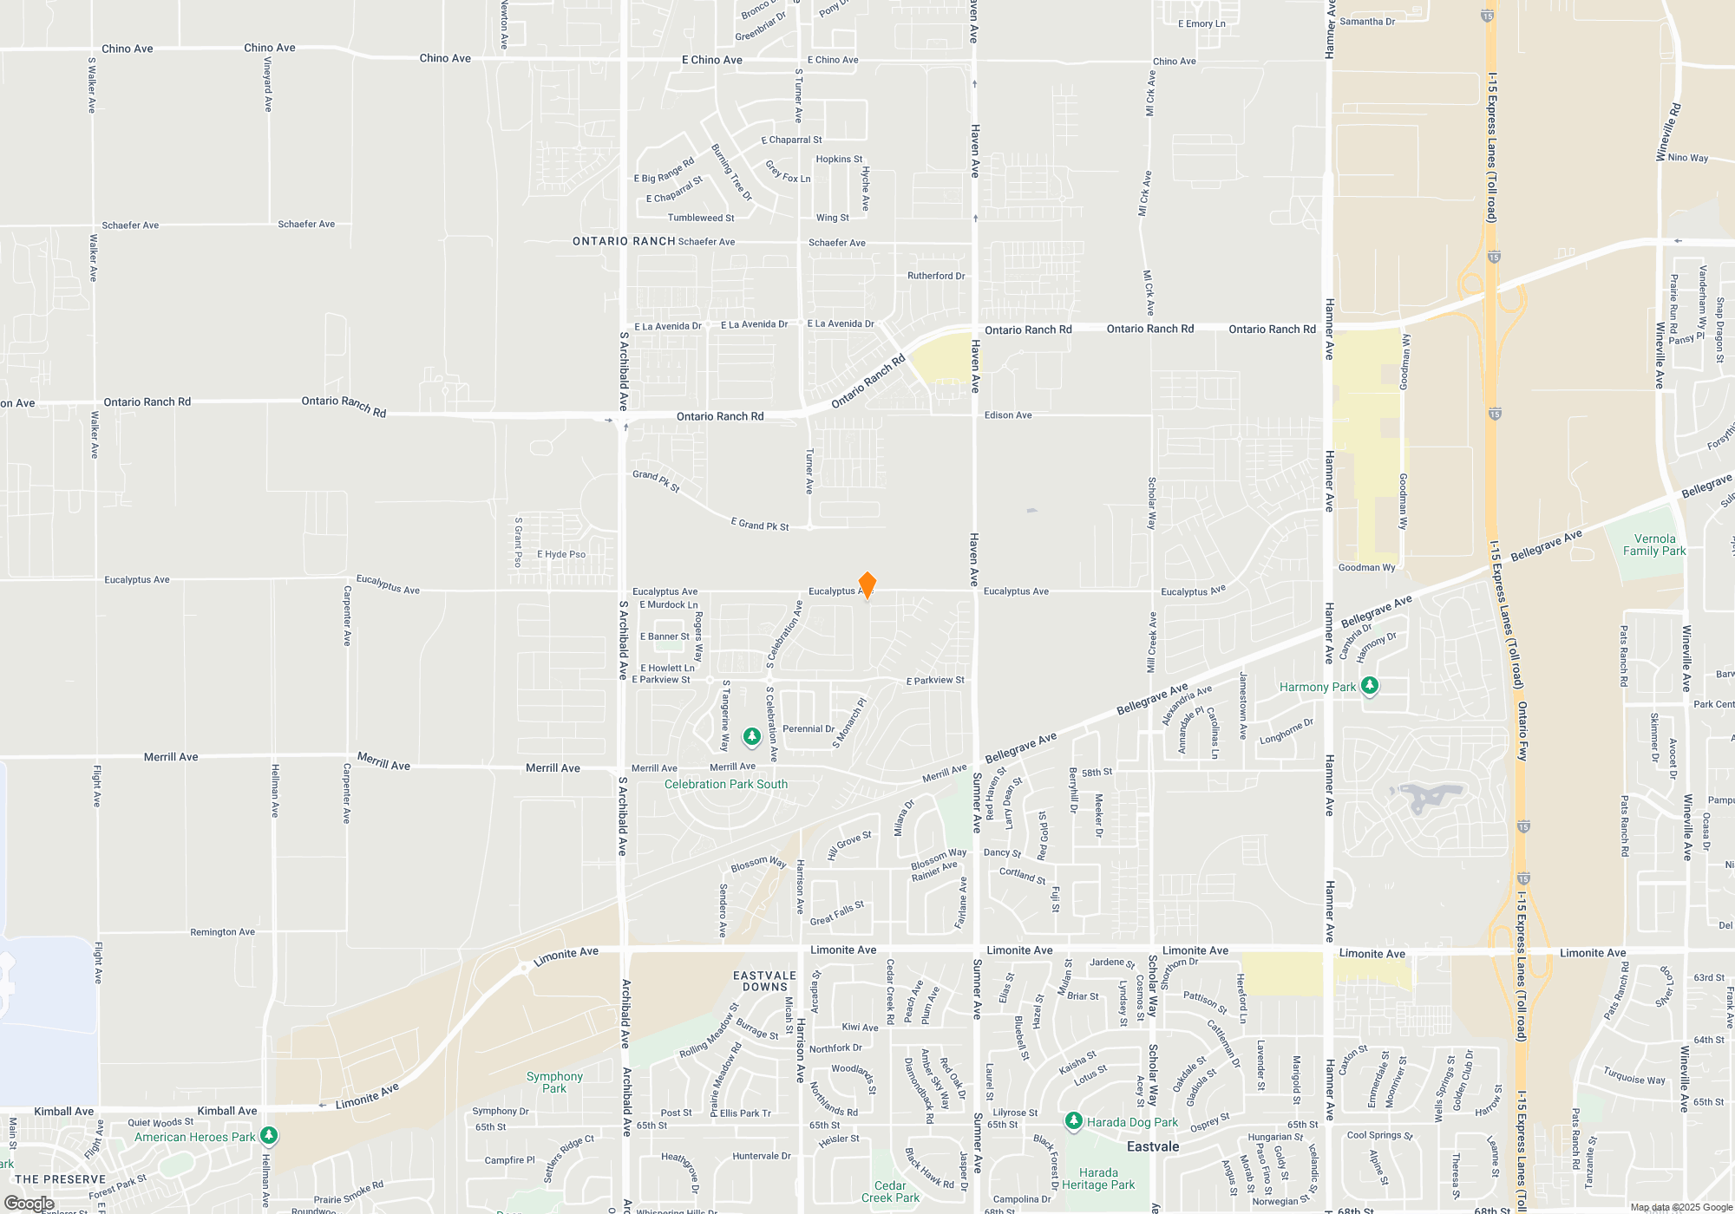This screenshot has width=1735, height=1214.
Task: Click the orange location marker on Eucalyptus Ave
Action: tap(867, 585)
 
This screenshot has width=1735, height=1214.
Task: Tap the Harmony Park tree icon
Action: tap(1370, 686)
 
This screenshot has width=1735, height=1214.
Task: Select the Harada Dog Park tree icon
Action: tap(1073, 1121)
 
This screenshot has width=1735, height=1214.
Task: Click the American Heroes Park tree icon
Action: tap(269, 1135)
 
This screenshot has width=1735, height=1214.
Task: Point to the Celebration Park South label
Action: tap(726, 784)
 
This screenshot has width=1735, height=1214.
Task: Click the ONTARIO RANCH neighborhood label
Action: tap(624, 241)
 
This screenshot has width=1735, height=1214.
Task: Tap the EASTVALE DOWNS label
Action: tap(764, 981)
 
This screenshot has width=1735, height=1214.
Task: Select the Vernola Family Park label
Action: tap(1654, 545)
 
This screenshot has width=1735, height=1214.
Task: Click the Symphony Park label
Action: tap(554, 1082)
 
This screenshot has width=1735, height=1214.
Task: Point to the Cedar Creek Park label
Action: tap(890, 1191)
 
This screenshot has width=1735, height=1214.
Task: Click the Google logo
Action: tap(29, 1203)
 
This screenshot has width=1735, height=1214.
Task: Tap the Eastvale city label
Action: tap(1153, 1146)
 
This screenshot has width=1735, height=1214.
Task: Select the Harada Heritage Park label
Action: tap(1098, 1178)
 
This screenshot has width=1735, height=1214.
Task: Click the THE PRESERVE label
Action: tap(61, 1179)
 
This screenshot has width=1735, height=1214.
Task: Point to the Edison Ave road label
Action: tap(1008, 415)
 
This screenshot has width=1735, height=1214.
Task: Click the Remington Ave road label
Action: tap(223, 932)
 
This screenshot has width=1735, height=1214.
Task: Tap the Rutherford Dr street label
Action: tap(936, 276)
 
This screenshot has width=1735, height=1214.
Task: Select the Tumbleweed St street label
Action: tap(701, 218)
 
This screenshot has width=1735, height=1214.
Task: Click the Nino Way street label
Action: tap(1688, 158)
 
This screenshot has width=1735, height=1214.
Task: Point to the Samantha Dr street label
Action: tap(1367, 22)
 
